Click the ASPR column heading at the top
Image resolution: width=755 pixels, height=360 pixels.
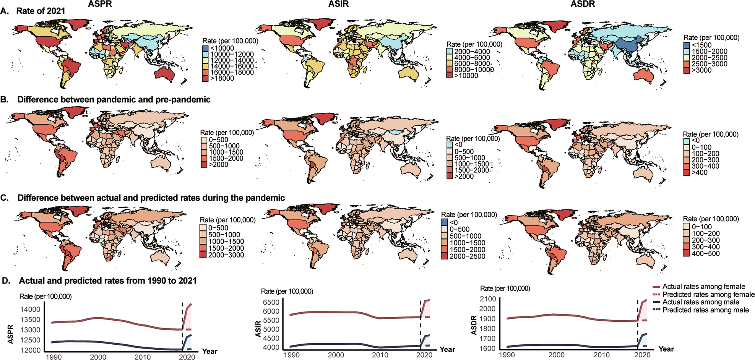click(100, 4)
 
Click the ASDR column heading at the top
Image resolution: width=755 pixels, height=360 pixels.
click(583, 4)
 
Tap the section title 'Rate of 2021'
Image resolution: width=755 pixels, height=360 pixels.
click(41, 11)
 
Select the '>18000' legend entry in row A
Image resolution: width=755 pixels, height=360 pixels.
click(222, 78)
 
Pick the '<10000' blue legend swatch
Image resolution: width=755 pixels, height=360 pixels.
click(206, 48)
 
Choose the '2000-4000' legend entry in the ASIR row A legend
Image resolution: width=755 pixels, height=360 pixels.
click(472, 52)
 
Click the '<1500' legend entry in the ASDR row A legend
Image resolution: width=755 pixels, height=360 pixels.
click(701, 45)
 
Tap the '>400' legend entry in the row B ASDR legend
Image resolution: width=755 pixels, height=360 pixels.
click(699, 172)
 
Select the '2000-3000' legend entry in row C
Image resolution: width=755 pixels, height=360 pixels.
click(226, 255)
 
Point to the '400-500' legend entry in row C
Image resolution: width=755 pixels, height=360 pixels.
click(705, 253)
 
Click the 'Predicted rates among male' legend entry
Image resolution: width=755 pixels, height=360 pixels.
click(705, 310)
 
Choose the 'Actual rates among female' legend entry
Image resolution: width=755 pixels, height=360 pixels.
click(703, 287)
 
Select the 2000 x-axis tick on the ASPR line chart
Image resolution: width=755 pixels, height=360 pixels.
click(98, 357)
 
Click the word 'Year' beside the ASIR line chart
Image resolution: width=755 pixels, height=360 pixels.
click(447, 349)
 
